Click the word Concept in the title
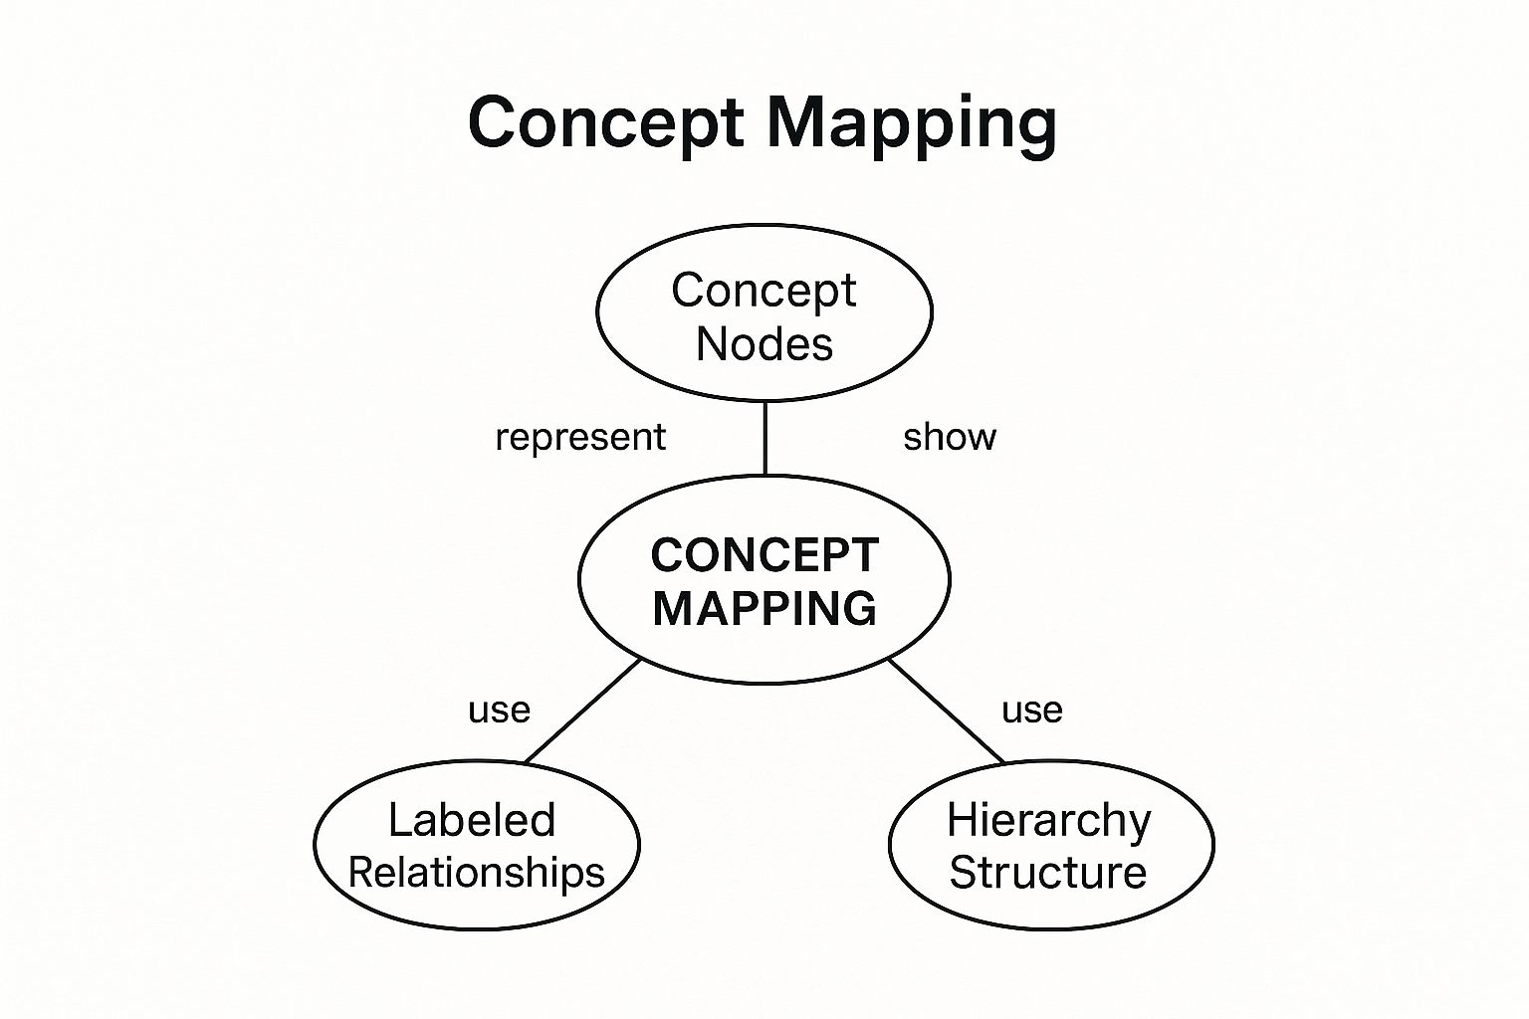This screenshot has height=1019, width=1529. (605, 123)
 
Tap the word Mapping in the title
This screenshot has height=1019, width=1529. (911, 123)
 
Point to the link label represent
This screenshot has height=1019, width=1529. (580, 438)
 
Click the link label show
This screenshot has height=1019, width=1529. (949, 438)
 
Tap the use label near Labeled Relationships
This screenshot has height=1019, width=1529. (499, 711)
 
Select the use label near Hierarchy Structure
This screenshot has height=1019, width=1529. (1032, 711)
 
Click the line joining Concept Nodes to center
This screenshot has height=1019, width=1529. (764, 438)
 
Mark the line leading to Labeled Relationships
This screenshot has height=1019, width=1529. (583, 711)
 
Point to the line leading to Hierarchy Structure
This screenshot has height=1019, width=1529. (946, 711)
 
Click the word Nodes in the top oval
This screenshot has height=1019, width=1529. (764, 344)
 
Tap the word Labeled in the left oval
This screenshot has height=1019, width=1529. (472, 820)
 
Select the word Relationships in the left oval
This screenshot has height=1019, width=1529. (477, 873)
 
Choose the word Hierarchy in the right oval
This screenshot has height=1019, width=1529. (1048, 820)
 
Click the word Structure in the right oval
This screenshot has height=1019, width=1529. (1048, 873)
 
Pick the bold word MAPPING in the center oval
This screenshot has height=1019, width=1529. (764, 608)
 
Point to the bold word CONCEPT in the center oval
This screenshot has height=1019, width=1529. (764, 555)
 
